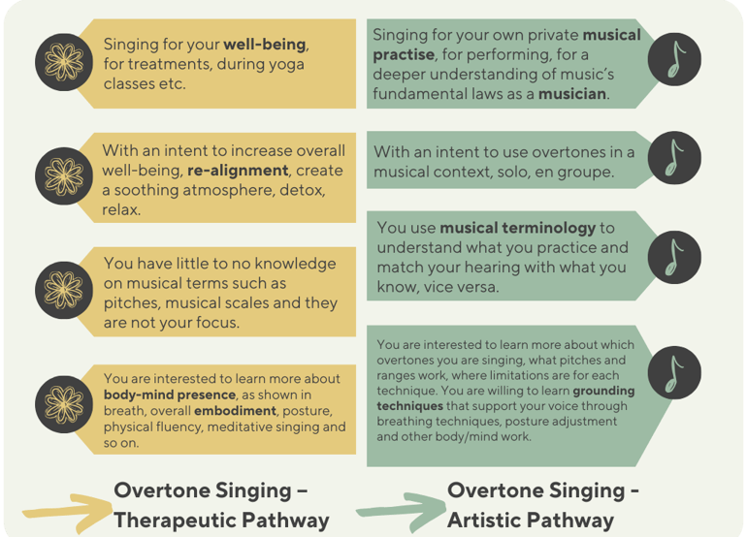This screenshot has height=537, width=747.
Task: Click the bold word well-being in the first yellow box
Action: (265, 45)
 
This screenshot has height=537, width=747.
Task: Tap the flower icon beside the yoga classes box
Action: (64, 62)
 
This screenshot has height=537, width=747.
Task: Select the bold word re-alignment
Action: (238, 171)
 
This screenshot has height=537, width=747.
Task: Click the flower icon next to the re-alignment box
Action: (64, 175)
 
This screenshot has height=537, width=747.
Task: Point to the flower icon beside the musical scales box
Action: (64, 290)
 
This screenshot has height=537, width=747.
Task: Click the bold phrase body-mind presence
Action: (170, 395)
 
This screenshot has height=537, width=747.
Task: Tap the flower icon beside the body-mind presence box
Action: (64, 404)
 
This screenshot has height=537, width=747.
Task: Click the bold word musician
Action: (571, 94)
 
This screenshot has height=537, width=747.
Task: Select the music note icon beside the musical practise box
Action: (674, 59)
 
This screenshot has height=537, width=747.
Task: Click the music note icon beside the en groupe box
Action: (674, 158)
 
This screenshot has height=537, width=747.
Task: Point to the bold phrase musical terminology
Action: (517, 228)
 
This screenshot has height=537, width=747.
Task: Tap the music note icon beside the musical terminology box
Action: (674, 257)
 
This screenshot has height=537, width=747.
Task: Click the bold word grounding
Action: (603, 392)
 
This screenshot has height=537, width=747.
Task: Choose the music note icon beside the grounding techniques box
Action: (674, 372)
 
